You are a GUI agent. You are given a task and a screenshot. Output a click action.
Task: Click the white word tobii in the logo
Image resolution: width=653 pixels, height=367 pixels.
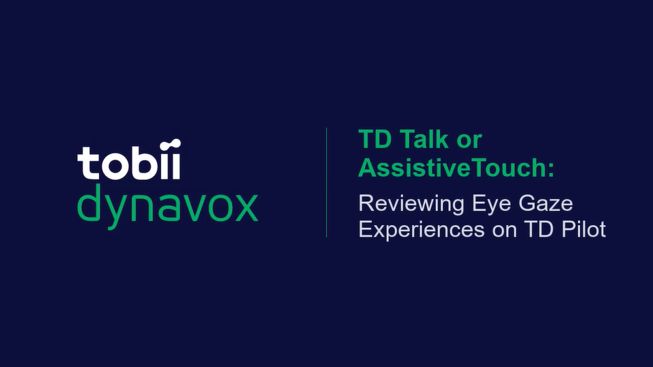(x=129, y=160)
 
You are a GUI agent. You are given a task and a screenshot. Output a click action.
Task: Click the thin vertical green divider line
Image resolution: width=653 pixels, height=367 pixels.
(x=326, y=182)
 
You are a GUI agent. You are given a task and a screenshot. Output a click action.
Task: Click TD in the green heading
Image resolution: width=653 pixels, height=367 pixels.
(x=375, y=139)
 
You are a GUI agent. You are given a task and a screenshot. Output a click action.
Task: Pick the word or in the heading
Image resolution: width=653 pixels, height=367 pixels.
(x=469, y=142)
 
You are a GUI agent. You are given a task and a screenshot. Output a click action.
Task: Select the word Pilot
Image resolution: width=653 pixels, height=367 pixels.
(x=583, y=229)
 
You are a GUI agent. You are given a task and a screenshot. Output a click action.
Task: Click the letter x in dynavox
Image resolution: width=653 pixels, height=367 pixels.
(x=246, y=208)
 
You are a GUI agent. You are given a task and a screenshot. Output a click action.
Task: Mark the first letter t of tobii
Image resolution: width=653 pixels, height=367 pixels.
(x=87, y=163)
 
